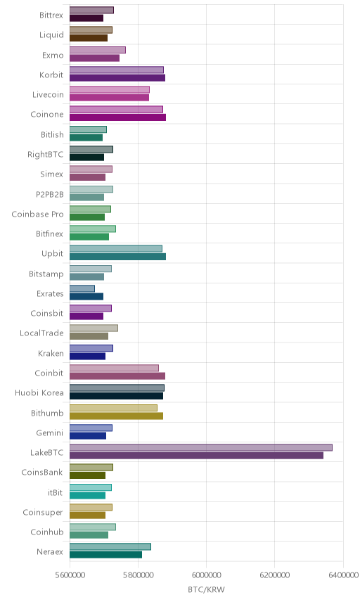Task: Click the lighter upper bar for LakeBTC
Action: (x=200, y=448)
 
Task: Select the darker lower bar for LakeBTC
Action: (x=196, y=455)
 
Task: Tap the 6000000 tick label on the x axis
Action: (x=206, y=575)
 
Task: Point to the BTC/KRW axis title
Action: (x=206, y=590)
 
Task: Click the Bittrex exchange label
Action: (x=51, y=15)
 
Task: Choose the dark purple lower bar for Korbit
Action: (x=117, y=78)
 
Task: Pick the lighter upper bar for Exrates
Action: (x=82, y=288)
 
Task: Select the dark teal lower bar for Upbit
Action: (x=118, y=257)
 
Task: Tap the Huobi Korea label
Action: (x=39, y=392)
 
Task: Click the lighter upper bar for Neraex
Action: (x=110, y=546)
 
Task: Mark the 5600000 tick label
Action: (x=70, y=575)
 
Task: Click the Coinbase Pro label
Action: (x=37, y=214)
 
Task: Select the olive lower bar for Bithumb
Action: (x=116, y=416)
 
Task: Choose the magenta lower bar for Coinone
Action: (x=118, y=117)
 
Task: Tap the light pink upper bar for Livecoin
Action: (x=110, y=89)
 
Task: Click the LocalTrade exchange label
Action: (x=41, y=333)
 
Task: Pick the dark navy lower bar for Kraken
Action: (x=87, y=357)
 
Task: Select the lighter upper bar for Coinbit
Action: (x=114, y=368)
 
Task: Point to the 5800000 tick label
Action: (x=138, y=575)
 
